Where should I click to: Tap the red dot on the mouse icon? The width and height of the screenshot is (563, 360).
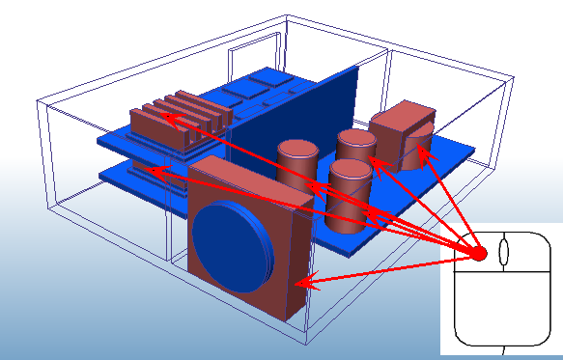[478, 254]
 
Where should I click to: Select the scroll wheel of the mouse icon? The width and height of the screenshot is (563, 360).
[502, 254]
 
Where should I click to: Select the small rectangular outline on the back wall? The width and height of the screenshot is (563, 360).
[246, 58]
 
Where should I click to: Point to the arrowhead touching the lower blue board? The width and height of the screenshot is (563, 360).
[147, 170]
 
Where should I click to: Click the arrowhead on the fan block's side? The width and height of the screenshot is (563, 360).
[300, 284]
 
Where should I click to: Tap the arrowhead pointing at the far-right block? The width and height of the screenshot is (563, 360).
[425, 150]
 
